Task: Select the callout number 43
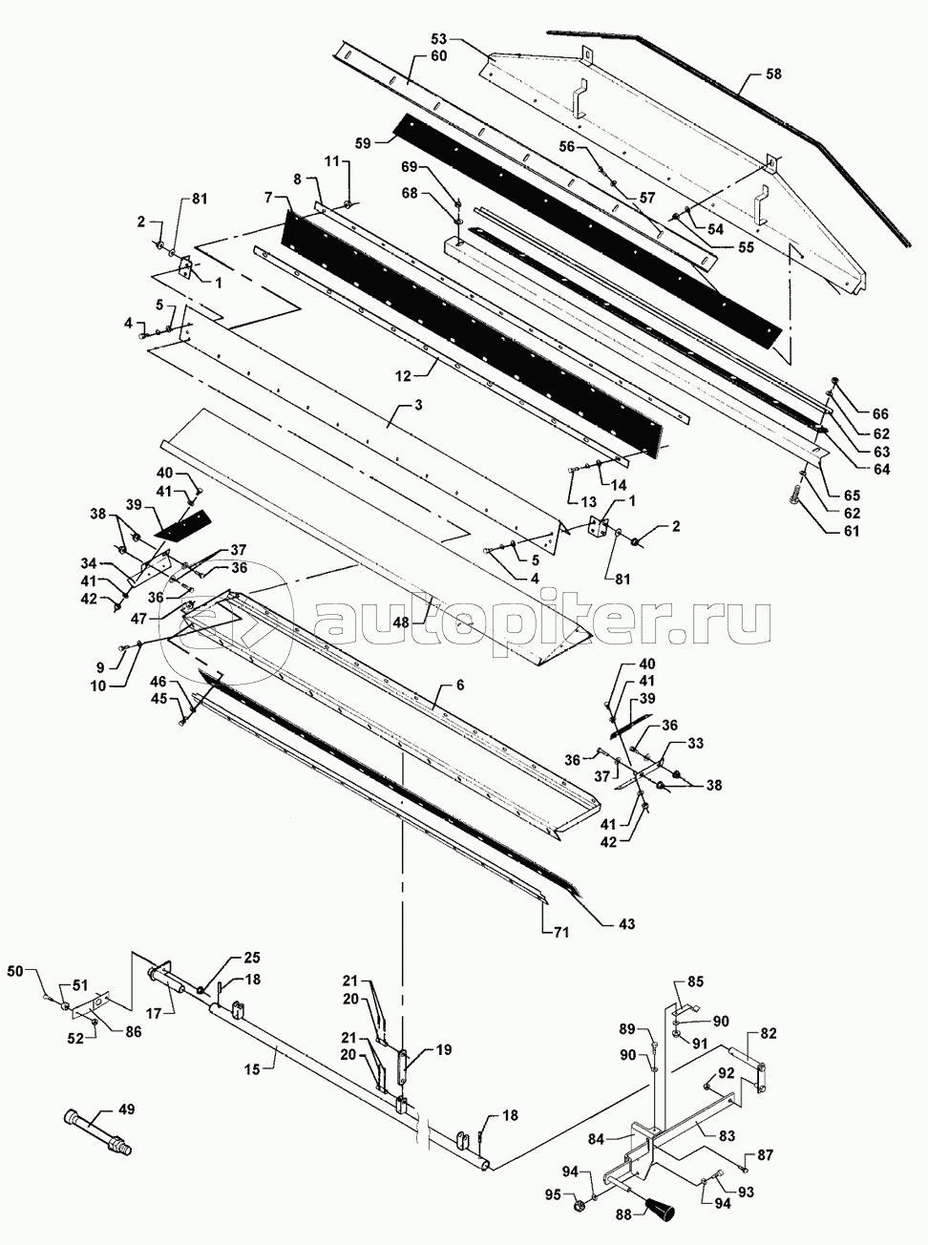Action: pyautogui.click(x=626, y=924)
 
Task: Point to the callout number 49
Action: pyautogui.click(x=125, y=1108)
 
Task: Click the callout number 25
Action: pyautogui.click(x=250, y=957)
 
